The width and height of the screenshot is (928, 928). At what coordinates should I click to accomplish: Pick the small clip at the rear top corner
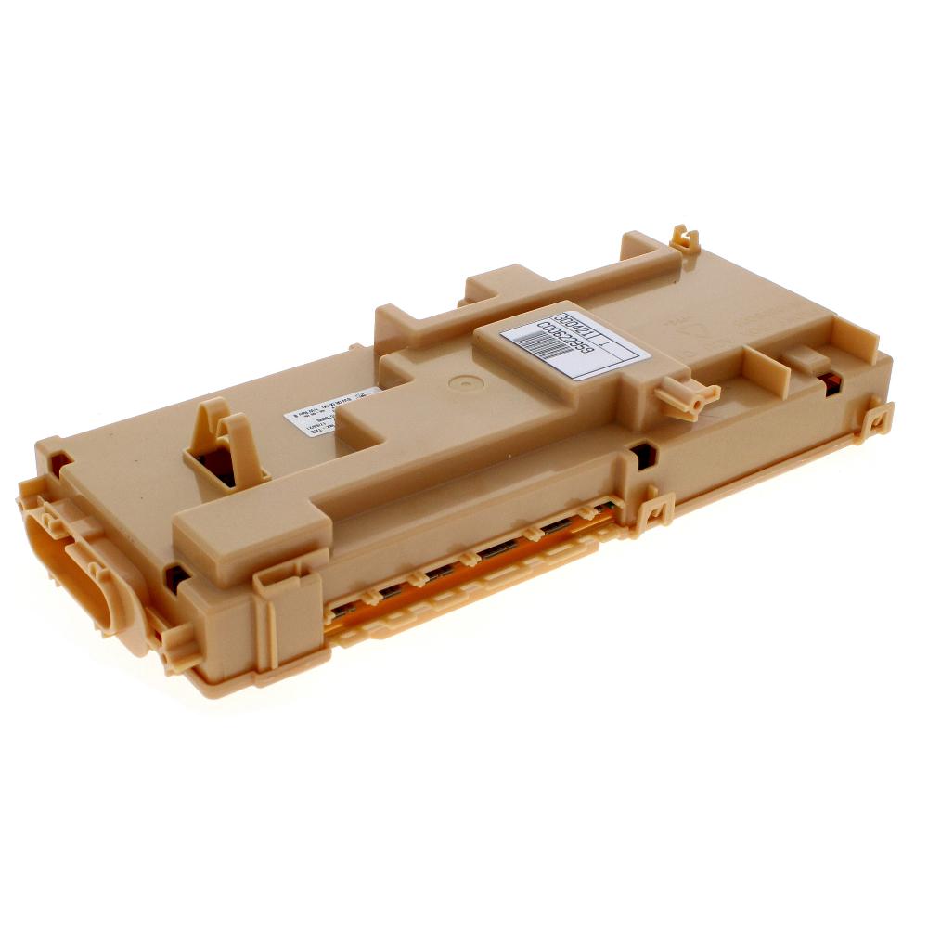tap(685, 239)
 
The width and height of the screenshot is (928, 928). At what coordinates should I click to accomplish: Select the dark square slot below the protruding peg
tap(641, 455)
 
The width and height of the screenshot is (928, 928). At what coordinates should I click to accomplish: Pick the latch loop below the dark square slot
tap(655, 511)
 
